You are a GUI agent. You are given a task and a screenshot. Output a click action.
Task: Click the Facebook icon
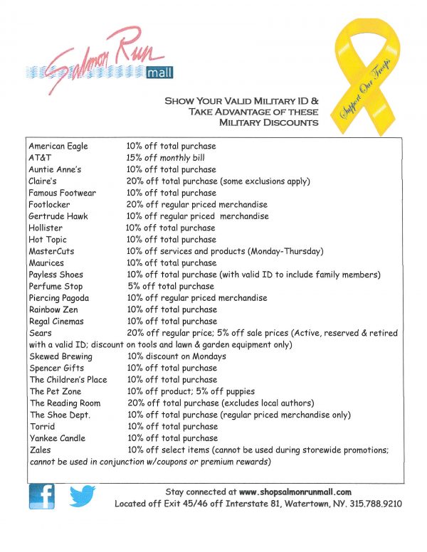click(41, 496)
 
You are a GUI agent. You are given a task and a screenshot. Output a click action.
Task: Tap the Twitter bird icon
click(83, 496)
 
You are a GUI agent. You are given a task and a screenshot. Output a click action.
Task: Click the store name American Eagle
click(58, 146)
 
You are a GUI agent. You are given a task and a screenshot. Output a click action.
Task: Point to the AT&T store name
click(40, 158)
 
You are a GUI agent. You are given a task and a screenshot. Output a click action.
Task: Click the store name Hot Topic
click(48, 240)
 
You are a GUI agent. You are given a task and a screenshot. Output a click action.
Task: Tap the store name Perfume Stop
click(56, 286)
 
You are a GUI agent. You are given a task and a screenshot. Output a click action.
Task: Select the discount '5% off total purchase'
click(172, 286)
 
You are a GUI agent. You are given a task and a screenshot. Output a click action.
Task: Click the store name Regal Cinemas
click(59, 321)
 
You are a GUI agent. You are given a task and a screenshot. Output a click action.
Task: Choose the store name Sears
click(40, 333)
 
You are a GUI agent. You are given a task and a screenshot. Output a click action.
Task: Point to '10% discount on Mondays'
click(176, 356)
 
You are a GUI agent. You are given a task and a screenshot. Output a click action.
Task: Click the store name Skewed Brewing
click(60, 356)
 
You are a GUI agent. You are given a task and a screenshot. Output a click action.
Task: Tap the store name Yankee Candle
click(58, 438)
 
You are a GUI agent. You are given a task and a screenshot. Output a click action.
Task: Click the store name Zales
click(40, 450)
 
